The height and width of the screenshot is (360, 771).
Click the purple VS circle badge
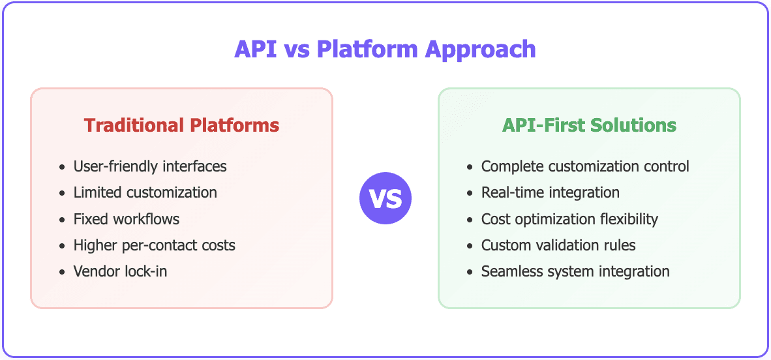pos(385,198)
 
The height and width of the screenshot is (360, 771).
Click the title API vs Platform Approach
pos(385,50)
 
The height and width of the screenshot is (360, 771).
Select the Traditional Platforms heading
pos(181,125)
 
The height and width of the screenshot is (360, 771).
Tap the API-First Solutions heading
pos(589,125)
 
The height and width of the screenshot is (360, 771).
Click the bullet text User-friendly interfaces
pos(150,166)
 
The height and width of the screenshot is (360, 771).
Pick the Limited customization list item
pos(145,192)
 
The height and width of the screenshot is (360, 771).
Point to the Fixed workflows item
pos(126,218)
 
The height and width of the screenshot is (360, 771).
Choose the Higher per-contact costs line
pos(154,245)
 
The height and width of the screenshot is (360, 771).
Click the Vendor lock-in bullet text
pos(120,271)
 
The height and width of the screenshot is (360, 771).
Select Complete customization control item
pos(585,166)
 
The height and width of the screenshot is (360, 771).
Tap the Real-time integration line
pos(550,192)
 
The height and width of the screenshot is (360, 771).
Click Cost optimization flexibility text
pos(569,218)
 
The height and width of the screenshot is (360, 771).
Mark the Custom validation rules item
pos(558,245)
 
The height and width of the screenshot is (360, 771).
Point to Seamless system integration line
pos(575,271)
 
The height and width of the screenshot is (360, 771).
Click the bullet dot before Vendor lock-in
pos(62,272)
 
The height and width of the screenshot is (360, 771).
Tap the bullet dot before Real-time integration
pos(470,193)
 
